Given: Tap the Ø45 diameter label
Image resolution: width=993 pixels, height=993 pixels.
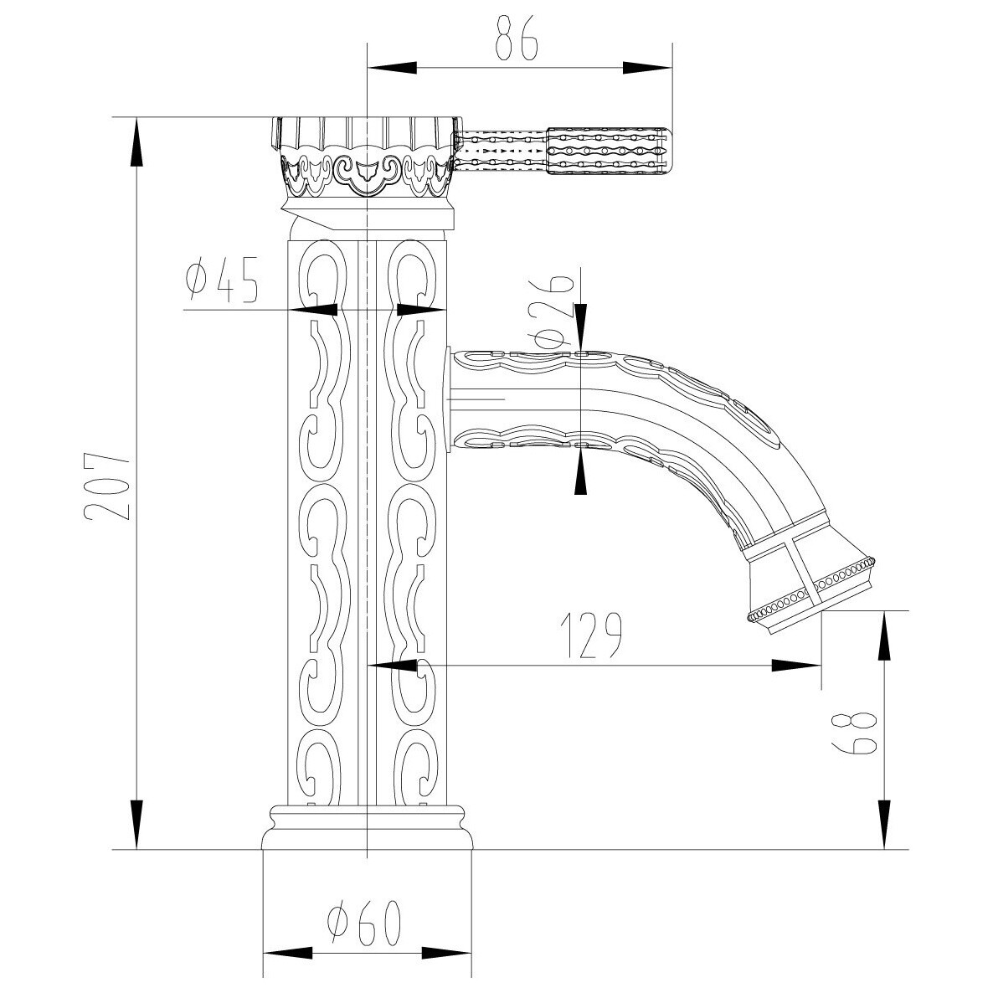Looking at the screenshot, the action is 222,279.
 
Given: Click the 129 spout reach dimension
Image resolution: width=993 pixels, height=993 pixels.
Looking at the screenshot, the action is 591,634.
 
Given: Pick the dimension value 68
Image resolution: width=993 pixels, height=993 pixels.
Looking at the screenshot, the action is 855,733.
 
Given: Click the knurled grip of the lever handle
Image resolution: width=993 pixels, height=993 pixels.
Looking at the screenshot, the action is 607,152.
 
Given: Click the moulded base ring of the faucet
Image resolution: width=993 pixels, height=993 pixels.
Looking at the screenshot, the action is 368,827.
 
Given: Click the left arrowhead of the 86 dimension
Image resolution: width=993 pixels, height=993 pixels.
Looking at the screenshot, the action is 392,68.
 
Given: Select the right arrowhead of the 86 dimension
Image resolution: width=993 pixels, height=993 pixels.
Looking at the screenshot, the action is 646,68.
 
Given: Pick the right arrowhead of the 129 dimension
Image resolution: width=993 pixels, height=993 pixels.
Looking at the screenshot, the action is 797,665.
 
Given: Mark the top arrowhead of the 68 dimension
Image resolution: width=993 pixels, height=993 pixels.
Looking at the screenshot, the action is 885,635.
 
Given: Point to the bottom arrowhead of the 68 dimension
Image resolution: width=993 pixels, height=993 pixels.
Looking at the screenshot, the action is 885,824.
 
